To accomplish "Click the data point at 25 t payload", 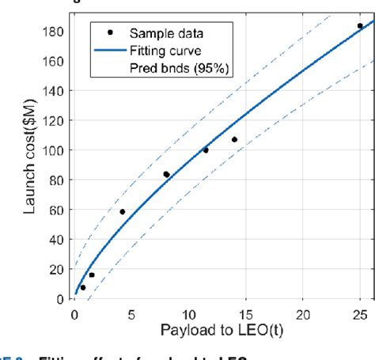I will point(360,25).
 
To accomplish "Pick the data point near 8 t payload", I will point(166,174).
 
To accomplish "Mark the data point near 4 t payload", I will point(122,212).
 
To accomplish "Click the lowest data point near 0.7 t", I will point(83,287).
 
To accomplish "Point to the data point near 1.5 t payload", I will point(92,275).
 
